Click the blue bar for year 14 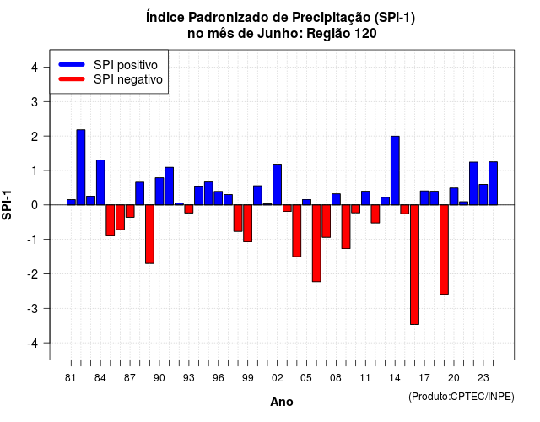(x=395, y=170)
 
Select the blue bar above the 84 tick (x=100, y=182)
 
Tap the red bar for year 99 (x=247, y=223)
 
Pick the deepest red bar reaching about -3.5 (x=414, y=264)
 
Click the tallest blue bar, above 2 (x=81, y=167)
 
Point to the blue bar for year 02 (x=278, y=185)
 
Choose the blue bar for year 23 (x=483, y=195)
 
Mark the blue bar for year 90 (x=159, y=192)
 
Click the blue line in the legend (x=72, y=64)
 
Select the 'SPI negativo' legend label (x=128, y=79)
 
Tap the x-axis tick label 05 (x=306, y=378)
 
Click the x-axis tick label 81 (x=70, y=378)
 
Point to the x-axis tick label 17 (x=424, y=378)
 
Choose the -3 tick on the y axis (x=33, y=309)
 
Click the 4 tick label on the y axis (x=35, y=68)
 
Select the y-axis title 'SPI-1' (x=7, y=205)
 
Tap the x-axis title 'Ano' (x=282, y=402)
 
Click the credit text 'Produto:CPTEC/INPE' (x=462, y=397)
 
